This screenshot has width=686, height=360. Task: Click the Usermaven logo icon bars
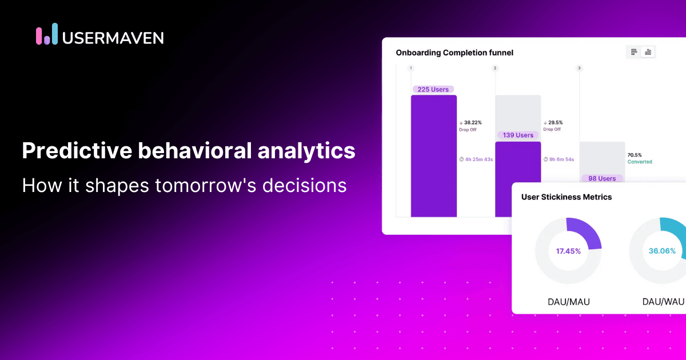[x=47, y=34]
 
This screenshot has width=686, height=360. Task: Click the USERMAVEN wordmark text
[x=113, y=38]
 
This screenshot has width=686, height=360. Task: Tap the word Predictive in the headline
[x=77, y=150]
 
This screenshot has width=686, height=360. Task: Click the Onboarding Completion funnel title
[x=454, y=53]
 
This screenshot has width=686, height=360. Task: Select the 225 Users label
[x=433, y=89]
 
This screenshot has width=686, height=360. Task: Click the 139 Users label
[x=518, y=135]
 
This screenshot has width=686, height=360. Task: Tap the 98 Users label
[x=602, y=178]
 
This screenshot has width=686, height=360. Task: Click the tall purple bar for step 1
[x=434, y=156]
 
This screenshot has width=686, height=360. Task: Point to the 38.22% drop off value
[x=473, y=122]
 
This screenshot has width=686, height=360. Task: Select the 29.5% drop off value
[x=556, y=122]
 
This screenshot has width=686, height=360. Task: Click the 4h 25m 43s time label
[x=479, y=159]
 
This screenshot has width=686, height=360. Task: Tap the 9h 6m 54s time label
[x=561, y=159]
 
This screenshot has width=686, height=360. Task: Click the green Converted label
[x=640, y=162]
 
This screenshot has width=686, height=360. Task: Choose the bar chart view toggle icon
[x=648, y=52]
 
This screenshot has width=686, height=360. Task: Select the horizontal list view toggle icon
[x=634, y=52]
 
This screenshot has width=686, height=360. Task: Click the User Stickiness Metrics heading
[x=567, y=197]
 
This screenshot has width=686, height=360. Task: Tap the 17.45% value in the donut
[x=568, y=251]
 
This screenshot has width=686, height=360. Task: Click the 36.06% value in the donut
[x=662, y=251]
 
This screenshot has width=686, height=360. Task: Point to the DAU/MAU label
[x=569, y=302]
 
